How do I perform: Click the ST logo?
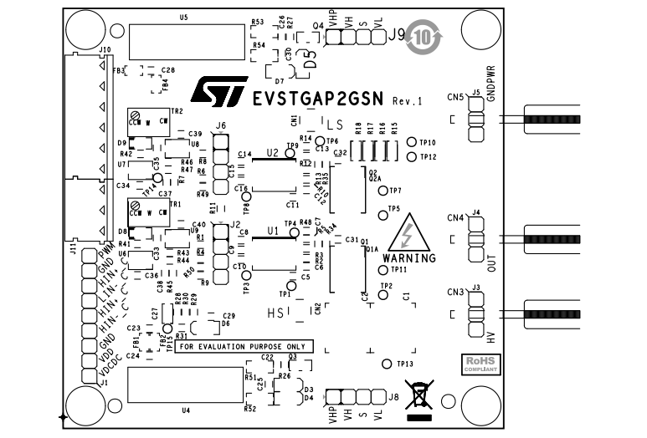click(x=218, y=92)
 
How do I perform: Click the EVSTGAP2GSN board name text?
click(x=317, y=99)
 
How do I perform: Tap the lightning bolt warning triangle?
click(x=411, y=233)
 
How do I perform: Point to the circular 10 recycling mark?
click(x=424, y=38)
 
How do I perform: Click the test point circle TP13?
click(x=386, y=364)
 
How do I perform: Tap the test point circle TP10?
click(x=411, y=143)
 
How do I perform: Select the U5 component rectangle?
click(x=186, y=38)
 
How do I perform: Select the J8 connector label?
click(x=393, y=396)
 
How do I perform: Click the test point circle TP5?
click(x=382, y=209)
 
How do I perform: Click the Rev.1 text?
click(x=407, y=100)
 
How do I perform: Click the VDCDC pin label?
click(x=105, y=369)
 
